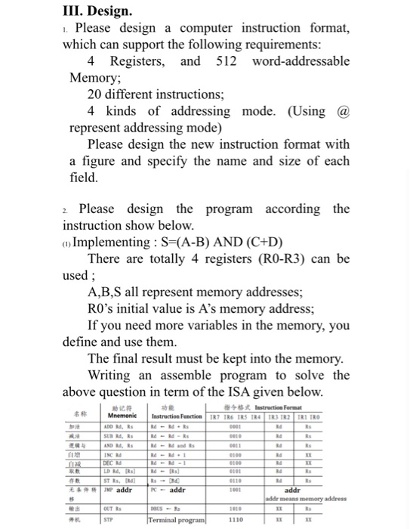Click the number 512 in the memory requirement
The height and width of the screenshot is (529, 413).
point(227,60)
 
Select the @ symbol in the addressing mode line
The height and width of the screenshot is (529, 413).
point(342,110)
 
